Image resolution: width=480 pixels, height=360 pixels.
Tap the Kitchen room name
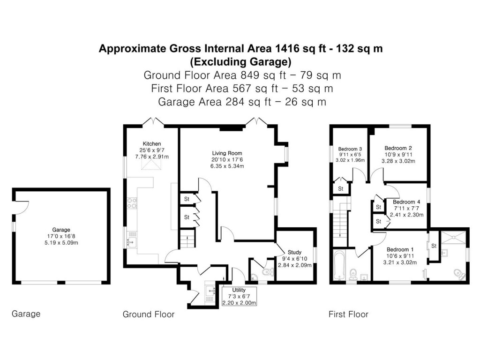tap(152, 144)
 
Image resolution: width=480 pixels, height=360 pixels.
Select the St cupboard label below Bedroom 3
tap(341, 188)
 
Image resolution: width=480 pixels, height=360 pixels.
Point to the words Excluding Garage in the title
tap(240, 61)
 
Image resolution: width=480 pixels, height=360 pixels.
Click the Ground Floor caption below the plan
tap(148, 314)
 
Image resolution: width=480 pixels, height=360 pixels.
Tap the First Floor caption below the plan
tap(348, 314)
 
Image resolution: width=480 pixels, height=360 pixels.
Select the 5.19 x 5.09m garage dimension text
tap(61, 243)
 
